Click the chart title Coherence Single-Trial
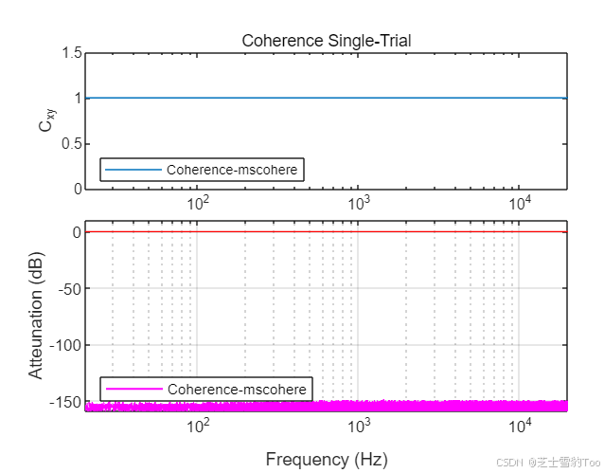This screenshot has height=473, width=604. click(326, 41)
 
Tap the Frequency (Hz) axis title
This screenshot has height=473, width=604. click(326, 460)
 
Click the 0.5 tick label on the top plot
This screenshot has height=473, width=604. click(68, 144)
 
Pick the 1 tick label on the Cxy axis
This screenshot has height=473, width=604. click(74, 99)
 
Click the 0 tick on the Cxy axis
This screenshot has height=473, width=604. click(74, 189)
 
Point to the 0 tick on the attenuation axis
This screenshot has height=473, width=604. click(74, 232)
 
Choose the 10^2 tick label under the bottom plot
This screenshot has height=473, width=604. click(198, 426)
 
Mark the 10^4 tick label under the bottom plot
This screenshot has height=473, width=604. click(519, 426)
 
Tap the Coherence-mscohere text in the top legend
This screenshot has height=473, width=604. click(232, 171)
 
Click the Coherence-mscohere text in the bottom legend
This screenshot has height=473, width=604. click(237, 390)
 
